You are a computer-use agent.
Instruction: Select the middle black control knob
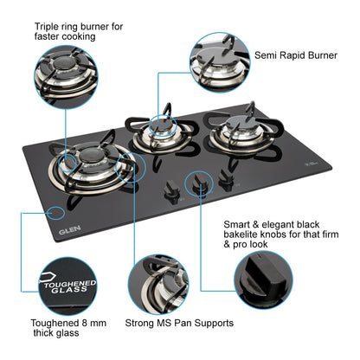click(x=200, y=183)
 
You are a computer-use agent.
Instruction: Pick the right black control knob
click(x=226, y=178)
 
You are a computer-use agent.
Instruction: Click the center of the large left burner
click(x=91, y=162)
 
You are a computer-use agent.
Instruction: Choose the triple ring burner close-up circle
click(x=67, y=76)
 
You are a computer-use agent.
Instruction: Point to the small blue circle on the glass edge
click(x=58, y=211)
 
